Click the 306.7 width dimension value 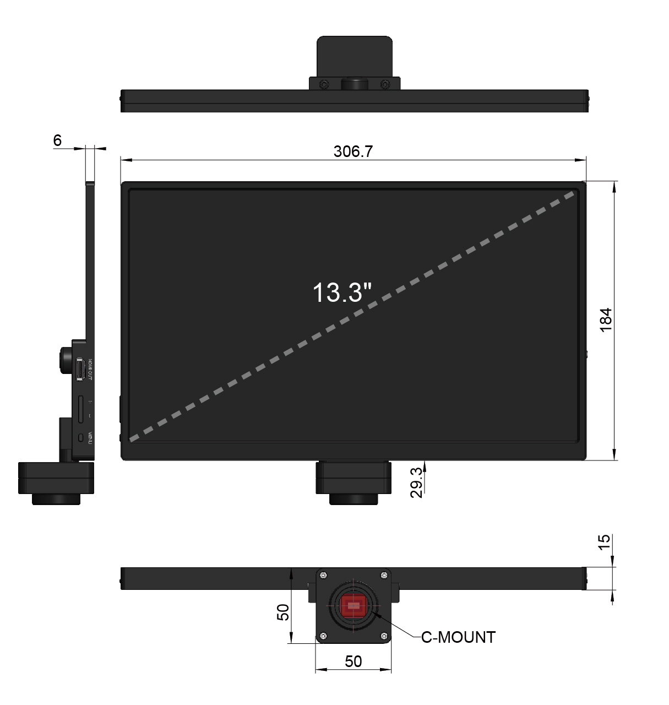pos(353,151)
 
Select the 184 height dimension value pos(605,319)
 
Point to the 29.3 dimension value pos(417,482)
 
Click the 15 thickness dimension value pos(604,542)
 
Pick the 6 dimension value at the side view pos(57,140)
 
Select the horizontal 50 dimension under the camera pos(353,661)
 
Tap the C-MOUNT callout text pos(458,637)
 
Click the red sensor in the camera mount pos(353,606)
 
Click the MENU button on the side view pos(81,438)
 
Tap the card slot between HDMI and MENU pos(81,409)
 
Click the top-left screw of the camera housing pos(323,576)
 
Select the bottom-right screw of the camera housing pos(384,637)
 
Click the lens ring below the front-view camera pos(353,498)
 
